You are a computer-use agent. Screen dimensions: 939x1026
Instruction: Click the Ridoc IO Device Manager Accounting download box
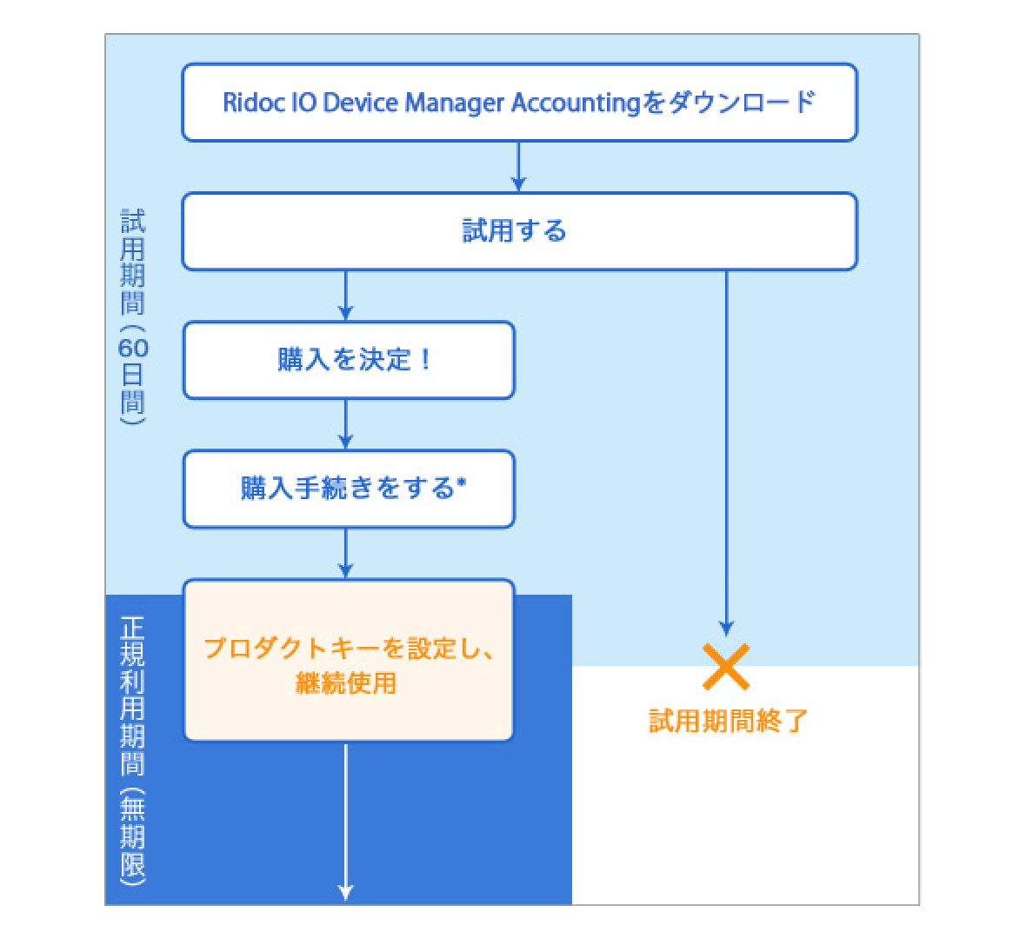pyautogui.click(x=519, y=102)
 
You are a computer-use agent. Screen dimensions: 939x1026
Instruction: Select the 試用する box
pyautogui.click(x=519, y=231)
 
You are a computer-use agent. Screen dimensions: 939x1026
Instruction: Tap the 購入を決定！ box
pyautogui.click(x=348, y=360)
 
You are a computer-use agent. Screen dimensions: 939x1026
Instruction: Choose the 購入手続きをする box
pyautogui.click(x=348, y=489)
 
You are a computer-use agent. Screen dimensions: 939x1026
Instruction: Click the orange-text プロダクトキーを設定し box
pyautogui.click(x=348, y=661)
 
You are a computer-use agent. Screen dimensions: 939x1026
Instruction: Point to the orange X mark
pyautogui.click(x=726, y=667)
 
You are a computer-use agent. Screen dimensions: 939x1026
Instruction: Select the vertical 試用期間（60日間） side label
pyautogui.click(x=133, y=316)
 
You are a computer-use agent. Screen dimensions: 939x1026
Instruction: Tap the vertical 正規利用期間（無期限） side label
pyautogui.click(x=133, y=749)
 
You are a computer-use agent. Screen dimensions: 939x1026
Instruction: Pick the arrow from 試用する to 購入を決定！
pyautogui.click(x=346, y=296)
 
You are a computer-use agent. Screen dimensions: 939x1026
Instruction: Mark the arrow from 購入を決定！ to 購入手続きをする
pyautogui.click(x=346, y=424)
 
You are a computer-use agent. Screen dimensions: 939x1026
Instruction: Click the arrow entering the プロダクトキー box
pyautogui.click(x=346, y=553)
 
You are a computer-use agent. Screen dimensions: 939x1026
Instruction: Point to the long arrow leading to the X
pyautogui.click(x=727, y=452)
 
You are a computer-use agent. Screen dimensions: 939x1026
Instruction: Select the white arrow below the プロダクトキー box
pyautogui.click(x=346, y=822)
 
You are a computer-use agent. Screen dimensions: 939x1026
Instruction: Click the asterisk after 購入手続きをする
pyautogui.click(x=462, y=484)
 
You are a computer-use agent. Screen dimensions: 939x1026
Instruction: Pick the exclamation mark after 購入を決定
pyautogui.click(x=424, y=360)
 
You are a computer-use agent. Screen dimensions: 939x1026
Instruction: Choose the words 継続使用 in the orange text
pyautogui.click(x=346, y=683)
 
